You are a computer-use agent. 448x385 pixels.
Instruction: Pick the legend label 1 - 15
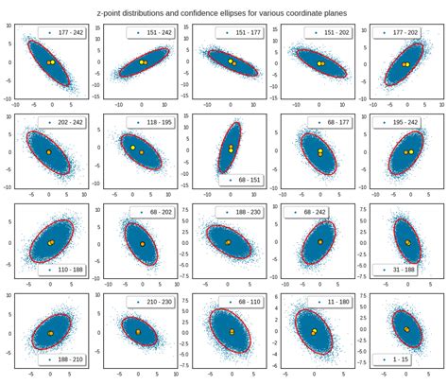413,359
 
